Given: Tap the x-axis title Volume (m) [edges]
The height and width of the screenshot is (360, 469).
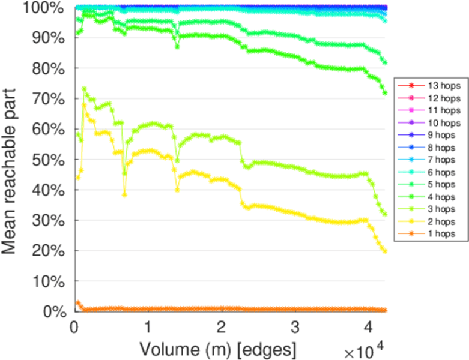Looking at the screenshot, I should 218,349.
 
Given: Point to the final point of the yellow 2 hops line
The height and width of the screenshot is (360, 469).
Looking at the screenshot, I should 385,251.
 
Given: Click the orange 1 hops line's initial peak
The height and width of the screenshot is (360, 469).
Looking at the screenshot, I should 78,302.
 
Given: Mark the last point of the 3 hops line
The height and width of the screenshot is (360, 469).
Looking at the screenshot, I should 385,214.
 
